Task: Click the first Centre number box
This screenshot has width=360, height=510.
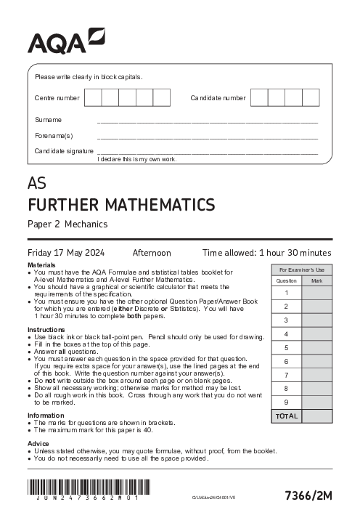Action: click(93, 97)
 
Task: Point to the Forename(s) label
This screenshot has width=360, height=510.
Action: click(54, 135)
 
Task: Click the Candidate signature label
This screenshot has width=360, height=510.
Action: click(64, 150)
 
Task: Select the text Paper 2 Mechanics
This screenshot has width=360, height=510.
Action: click(67, 224)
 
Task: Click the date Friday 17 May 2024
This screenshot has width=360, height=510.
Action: click(66, 253)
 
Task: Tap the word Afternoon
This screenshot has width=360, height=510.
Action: click(151, 253)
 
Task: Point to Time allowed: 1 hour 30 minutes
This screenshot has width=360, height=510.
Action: click(266, 253)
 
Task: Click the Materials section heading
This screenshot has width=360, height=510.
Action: click(41, 265)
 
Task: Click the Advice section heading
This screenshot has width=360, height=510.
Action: click(38, 442)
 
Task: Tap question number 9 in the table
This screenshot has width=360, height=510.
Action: click(287, 402)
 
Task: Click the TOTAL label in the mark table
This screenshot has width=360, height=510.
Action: click(287, 416)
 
